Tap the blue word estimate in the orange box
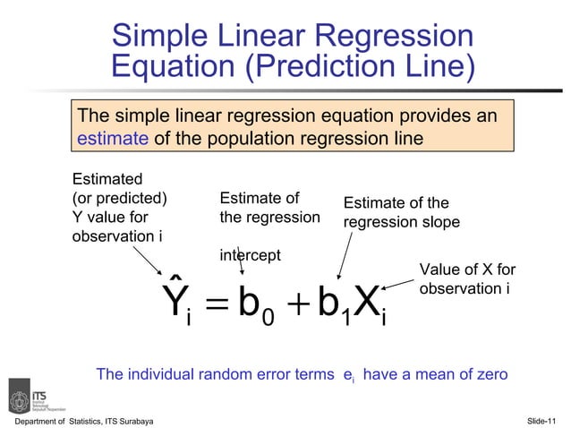(x=113, y=139)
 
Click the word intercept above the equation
(x=251, y=256)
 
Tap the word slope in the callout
(x=441, y=221)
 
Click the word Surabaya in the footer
(x=132, y=421)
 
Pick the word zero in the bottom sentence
(x=489, y=374)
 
